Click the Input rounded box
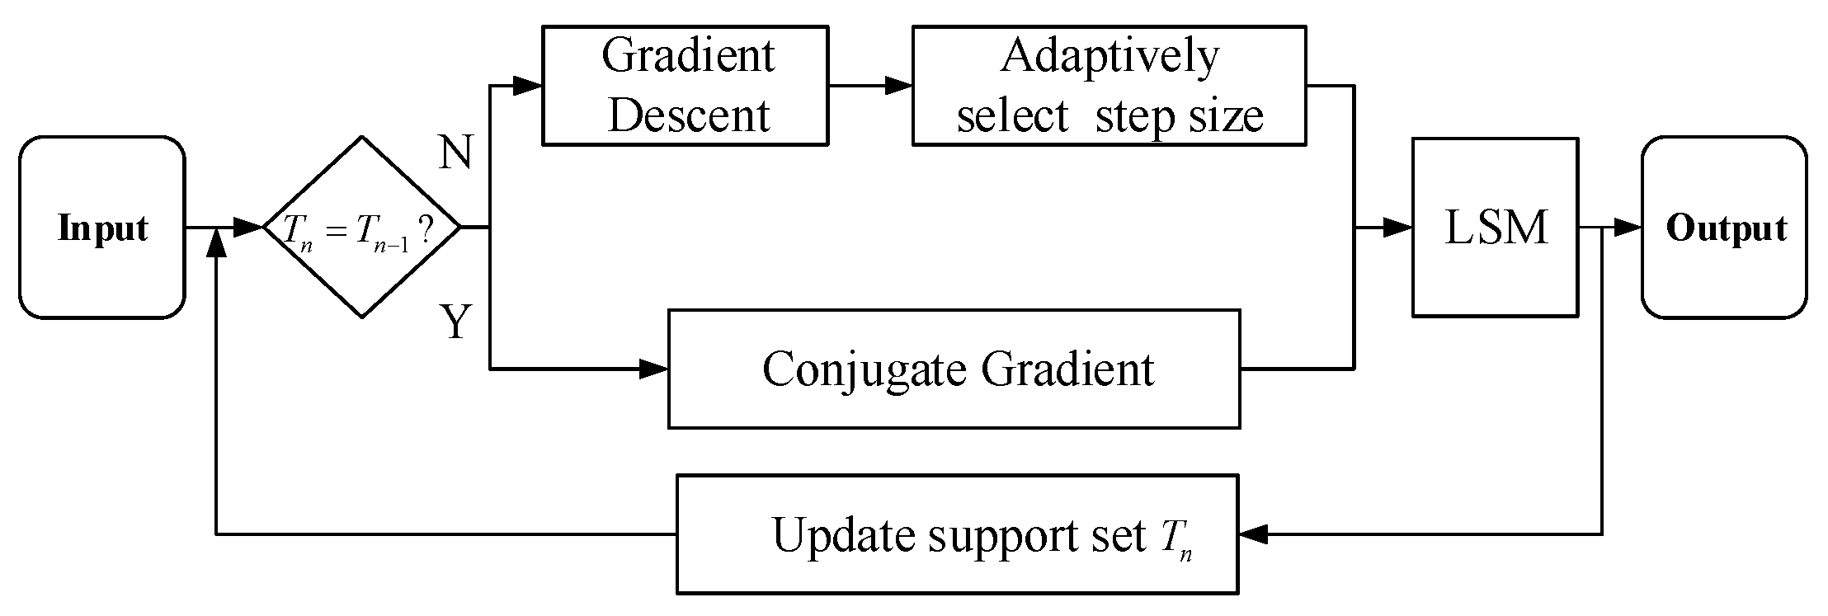(101, 228)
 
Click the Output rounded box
(1724, 228)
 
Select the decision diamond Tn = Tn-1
(361, 228)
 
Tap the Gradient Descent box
(685, 86)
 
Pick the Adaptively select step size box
(1109, 86)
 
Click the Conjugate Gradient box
(954, 369)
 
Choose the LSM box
(1495, 228)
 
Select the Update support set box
(957, 534)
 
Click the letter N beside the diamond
(455, 153)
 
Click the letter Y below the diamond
(455, 322)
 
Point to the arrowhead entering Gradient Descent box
(528, 85)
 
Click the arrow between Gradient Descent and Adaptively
(874, 85)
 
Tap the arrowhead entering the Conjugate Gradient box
(654, 369)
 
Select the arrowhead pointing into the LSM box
(1398, 228)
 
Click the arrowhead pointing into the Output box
(1628, 228)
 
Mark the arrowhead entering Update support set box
(1254, 534)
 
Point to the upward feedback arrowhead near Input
(216, 242)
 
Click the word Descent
(689, 115)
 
